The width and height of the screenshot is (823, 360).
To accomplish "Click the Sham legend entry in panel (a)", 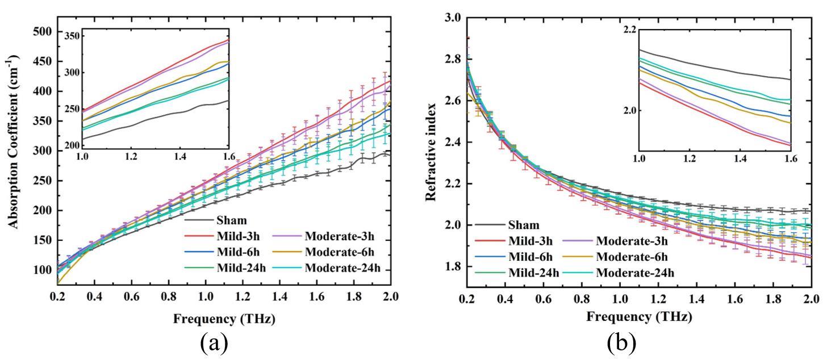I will point(231,220).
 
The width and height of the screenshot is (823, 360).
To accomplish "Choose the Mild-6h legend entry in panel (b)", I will point(525,257).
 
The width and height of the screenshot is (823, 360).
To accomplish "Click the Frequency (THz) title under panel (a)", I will point(224,319).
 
